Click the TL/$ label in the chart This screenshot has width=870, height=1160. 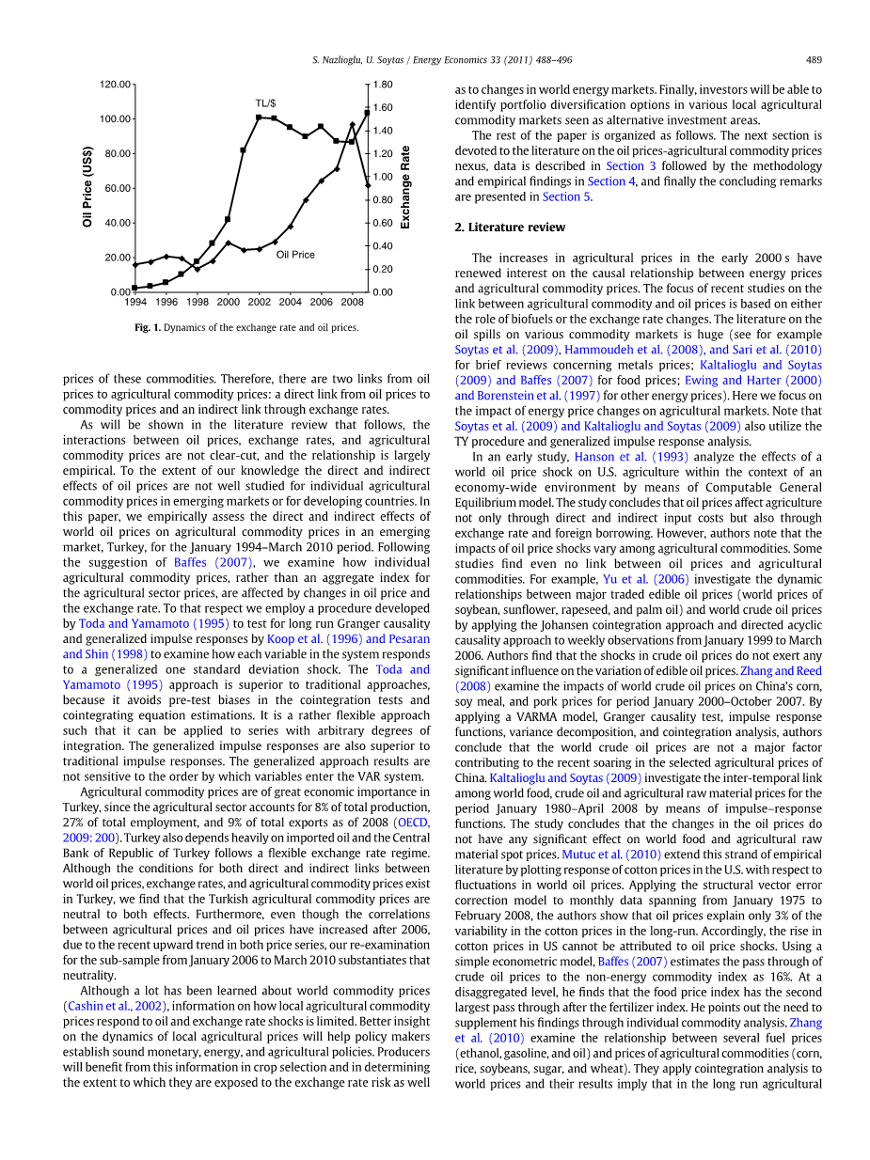[x=266, y=102]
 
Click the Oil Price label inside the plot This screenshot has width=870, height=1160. [x=295, y=255]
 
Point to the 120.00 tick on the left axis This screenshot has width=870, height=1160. [x=117, y=85]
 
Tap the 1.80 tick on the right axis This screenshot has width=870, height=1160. [x=382, y=85]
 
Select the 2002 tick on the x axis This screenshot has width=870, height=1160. [x=259, y=303]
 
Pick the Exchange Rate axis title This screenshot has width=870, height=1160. [x=405, y=187]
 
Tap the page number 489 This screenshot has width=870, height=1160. [x=814, y=60]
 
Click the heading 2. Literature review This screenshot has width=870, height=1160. [x=510, y=227]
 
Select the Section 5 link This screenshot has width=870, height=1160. [x=562, y=197]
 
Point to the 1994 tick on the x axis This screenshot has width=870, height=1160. [x=135, y=303]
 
